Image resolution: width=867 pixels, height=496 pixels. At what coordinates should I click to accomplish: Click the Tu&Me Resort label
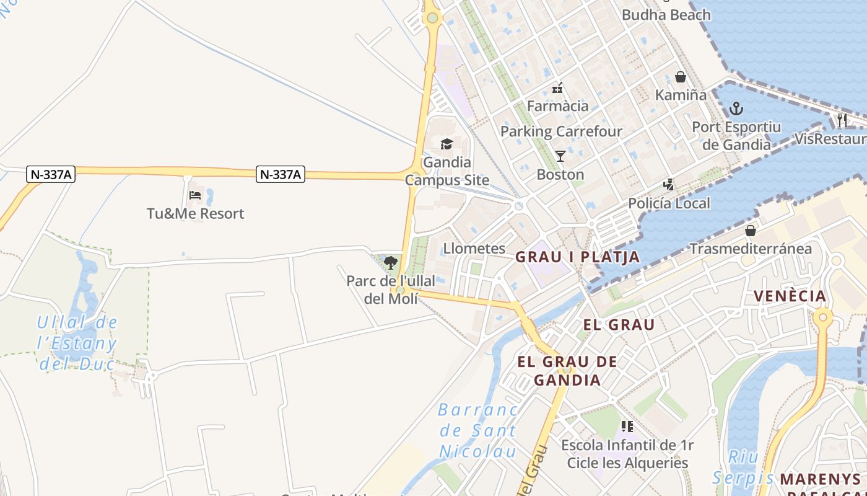pos(195,214)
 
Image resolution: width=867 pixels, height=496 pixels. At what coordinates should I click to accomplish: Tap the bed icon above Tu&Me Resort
pos(195,195)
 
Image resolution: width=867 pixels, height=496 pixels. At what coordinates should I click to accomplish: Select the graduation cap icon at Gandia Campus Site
pos(447,144)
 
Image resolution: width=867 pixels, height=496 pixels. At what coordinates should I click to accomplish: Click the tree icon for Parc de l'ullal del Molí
pos(390,263)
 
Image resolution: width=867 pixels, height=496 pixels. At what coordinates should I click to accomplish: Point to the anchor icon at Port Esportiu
pos(736,109)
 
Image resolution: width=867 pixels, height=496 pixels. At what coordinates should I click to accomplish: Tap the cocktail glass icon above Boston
pos(560,156)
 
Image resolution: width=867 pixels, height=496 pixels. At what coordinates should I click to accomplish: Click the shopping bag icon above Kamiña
pos(681,77)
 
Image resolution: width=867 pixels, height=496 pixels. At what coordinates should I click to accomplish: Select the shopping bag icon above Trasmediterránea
pos(751,231)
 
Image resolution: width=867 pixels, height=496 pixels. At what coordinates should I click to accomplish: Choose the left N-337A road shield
pos(51,175)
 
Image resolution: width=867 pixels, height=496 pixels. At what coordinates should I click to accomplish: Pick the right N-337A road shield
pos(281,175)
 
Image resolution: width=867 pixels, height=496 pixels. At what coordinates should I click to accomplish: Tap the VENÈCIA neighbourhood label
pos(790,296)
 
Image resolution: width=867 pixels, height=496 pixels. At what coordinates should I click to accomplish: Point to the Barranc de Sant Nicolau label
pos(478,430)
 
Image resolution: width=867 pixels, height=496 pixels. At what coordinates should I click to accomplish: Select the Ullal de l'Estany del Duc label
pos(77,343)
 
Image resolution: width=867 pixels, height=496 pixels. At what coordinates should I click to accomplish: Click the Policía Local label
pos(669,203)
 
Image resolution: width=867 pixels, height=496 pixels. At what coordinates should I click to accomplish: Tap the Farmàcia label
pos(557,106)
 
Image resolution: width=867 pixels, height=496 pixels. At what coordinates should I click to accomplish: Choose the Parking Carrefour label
pos(561,131)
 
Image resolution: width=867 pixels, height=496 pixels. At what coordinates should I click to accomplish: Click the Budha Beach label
pos(666,15)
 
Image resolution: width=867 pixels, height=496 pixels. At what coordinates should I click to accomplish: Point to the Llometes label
pos(474,249)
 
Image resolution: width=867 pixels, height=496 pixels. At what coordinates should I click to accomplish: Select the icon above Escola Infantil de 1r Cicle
pos(627,427)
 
